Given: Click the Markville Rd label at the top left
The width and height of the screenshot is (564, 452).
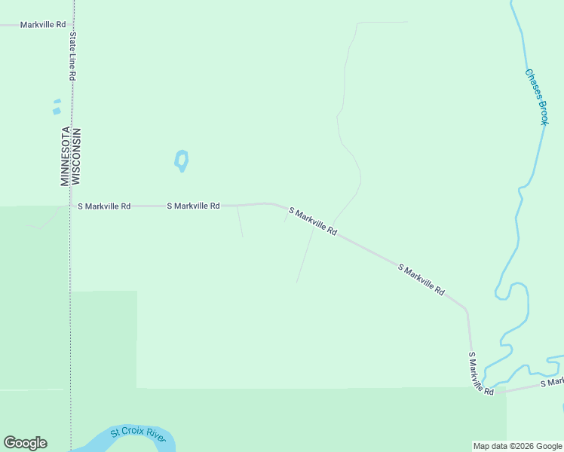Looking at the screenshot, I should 37,25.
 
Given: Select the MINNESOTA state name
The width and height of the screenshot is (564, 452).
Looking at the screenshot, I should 65,157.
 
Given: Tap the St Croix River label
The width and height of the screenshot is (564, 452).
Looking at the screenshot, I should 137,434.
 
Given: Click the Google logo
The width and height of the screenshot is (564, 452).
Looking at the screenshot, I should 25,443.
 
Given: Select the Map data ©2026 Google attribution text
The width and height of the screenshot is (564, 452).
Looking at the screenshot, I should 518,446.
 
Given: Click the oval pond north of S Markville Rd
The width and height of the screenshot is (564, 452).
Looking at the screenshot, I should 181,160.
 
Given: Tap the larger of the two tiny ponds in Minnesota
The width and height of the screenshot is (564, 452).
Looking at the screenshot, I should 57,111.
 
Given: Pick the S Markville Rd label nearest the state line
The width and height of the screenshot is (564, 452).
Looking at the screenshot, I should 104,206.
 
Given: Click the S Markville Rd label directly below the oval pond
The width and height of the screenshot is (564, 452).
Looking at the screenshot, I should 193,206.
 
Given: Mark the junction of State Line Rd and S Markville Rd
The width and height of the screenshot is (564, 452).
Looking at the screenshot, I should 72,206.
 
